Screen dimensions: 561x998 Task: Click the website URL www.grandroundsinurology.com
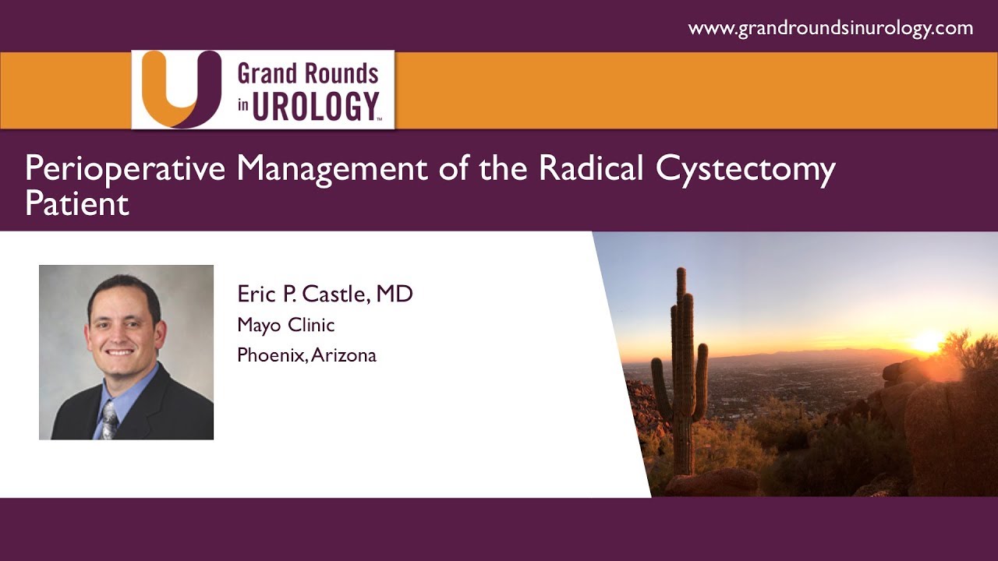(830, 29)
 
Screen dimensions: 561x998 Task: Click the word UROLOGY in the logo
(316, 107)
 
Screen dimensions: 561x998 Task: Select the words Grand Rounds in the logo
(308, 74)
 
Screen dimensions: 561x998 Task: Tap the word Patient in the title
(76, 204)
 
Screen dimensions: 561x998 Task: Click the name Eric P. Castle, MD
(325, 295)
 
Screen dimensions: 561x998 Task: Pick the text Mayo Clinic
(286, 325)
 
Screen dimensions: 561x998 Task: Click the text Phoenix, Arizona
(306, 355)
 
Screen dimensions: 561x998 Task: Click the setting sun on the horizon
(926, 342)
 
